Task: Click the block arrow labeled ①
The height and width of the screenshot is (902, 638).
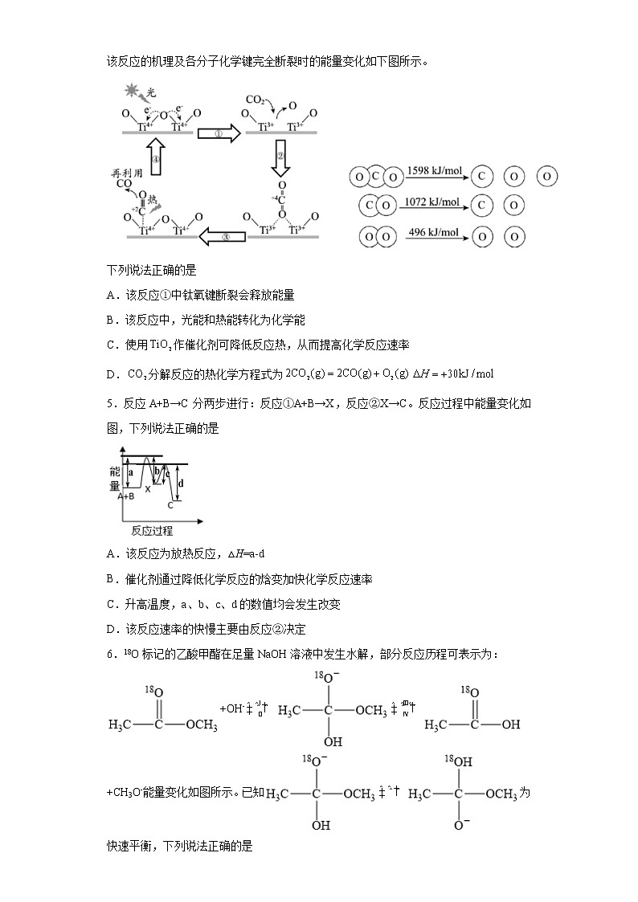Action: tap(219, 134)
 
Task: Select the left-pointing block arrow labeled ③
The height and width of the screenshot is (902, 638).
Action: tap(221, 237)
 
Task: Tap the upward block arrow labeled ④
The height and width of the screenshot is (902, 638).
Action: tap(156, 160)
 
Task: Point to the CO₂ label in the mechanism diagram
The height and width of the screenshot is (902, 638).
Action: tap(256, 100)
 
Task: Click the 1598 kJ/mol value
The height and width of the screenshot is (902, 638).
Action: tap(433, 171)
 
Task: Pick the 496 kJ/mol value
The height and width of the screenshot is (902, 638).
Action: tap(432, 232)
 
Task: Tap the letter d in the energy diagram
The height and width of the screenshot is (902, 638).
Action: tap(181, 483)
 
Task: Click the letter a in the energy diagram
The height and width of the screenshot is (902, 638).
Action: tap(131, 474)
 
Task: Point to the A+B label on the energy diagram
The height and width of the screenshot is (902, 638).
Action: tap(125, 496)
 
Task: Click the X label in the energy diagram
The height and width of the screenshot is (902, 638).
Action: tap(147, 488)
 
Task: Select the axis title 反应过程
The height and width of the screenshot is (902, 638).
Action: tap(152, 531)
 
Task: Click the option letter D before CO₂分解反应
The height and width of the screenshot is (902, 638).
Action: tap(110, 373)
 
